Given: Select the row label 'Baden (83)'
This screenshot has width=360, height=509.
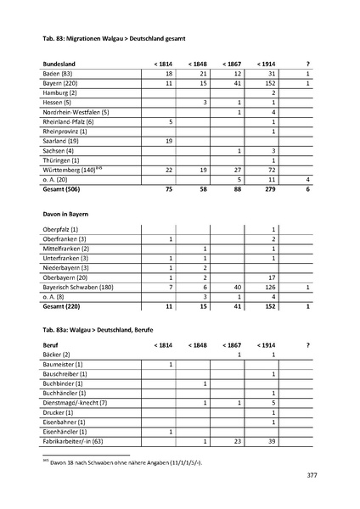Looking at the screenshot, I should (57, 74).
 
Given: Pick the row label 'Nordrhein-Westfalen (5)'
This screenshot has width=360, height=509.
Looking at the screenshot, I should (76, 112).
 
